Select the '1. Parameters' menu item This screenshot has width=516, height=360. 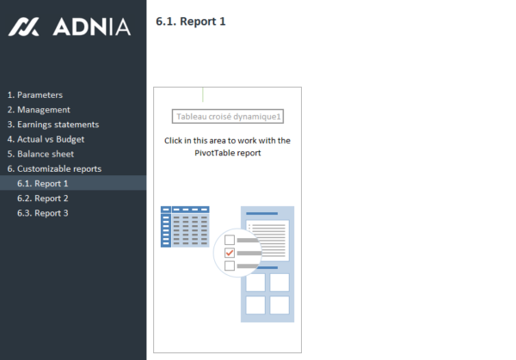click(x=34, y=95)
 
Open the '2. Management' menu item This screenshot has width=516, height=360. click(x=39, y=109)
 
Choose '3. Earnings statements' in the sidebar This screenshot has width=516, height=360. click(x=52, y=125)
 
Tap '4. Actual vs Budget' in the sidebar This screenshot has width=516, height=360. click(x=46, y=139)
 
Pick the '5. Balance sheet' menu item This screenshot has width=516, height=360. click(x=40, y=154)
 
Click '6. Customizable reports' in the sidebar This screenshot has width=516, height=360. click(x=54, y=168)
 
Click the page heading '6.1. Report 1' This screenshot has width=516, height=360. click(x=191, y=21)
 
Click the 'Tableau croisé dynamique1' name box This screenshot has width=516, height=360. click(x=229, y=117)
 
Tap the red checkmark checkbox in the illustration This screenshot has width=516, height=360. click(x=229, y=253)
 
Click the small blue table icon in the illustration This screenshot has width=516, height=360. click(x=185, y=226)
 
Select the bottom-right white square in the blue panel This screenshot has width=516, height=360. click(x=279, y=304)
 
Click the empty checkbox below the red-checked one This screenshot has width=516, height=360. click(x=229, y=266)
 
